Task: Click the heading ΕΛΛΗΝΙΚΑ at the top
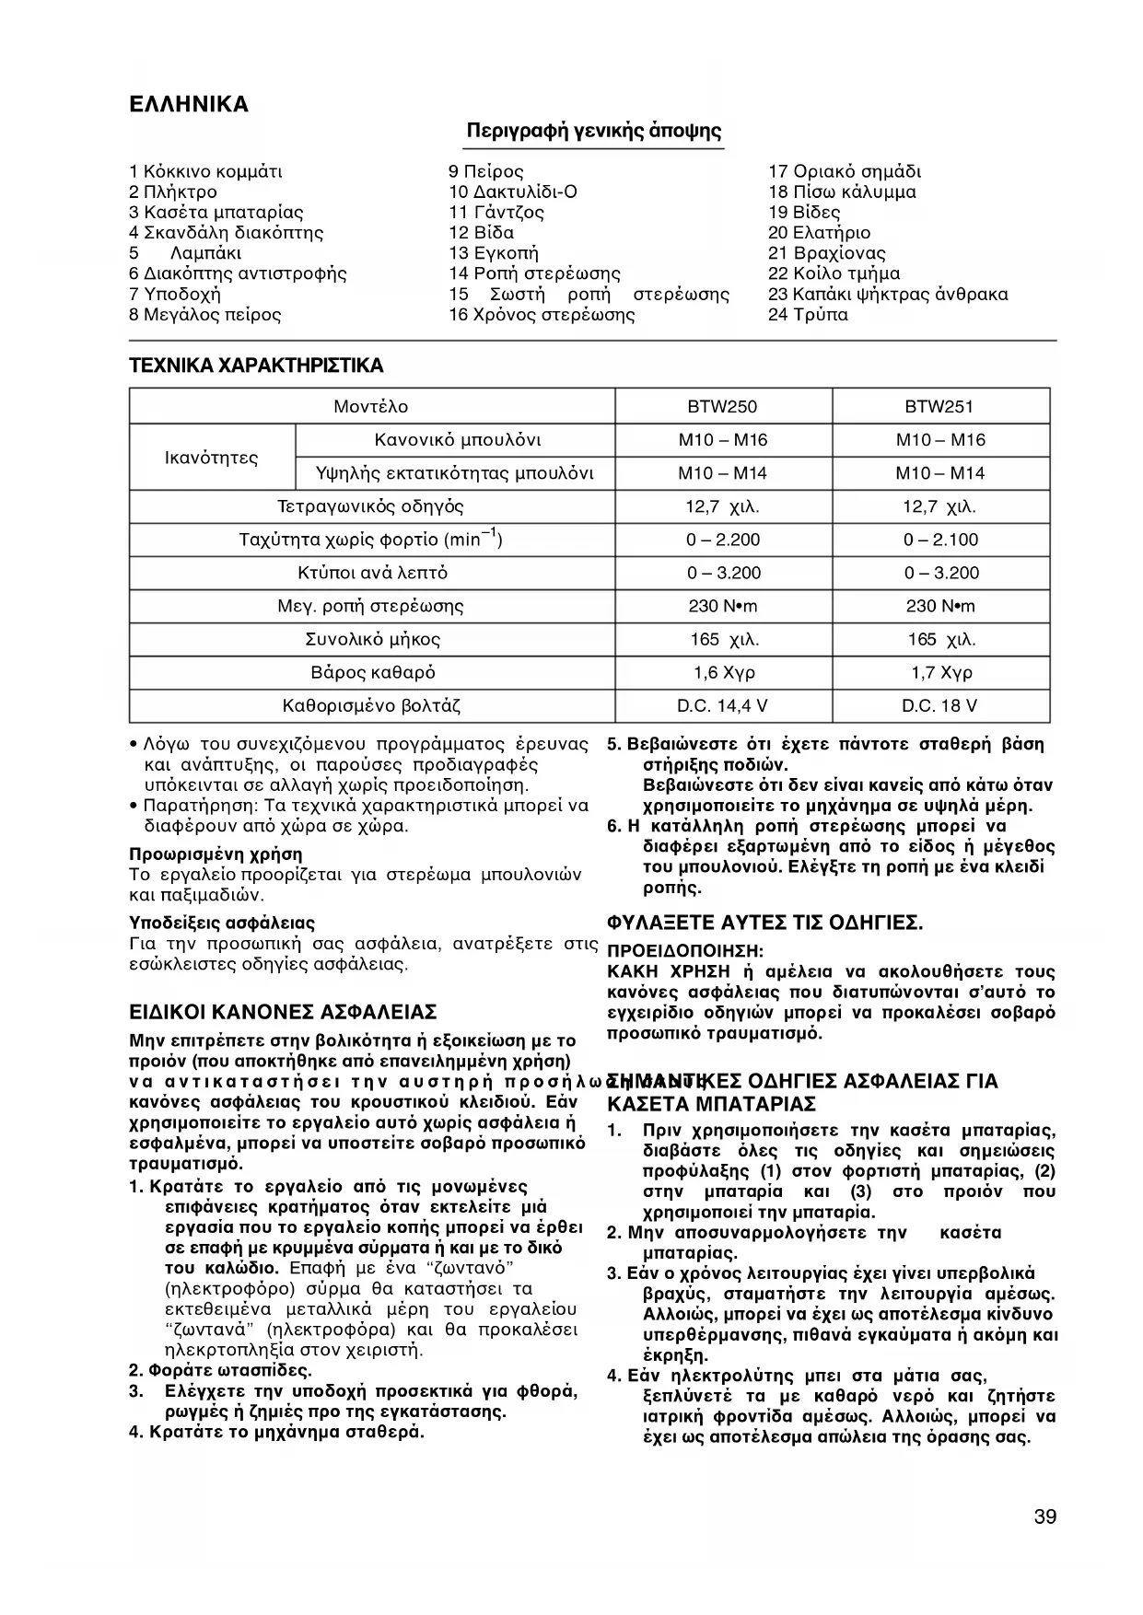pos(189,104)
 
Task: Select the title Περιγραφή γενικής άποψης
pos(594,131)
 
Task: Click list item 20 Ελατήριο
pos(819,233)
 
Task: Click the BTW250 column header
pos(723,407)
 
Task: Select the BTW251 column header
pos(940,407)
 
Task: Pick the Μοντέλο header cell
pos(371,407)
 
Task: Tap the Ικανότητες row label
pos(212,458)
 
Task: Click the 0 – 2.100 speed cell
pos(940,540)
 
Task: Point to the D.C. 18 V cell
pos(940,706)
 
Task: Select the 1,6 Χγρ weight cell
pos(723,673)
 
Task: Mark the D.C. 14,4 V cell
pos(723,706)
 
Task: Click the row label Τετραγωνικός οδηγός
pos(371,506)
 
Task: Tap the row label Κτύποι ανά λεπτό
pos(371,573)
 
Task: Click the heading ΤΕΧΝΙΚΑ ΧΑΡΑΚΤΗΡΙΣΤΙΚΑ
pos(256,366)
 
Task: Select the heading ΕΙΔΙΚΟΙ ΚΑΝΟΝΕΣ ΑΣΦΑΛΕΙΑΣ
pos(283,1013)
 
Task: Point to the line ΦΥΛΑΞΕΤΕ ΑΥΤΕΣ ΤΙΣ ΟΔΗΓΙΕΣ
pos(765,923)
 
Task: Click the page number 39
pos(1044,1517)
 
